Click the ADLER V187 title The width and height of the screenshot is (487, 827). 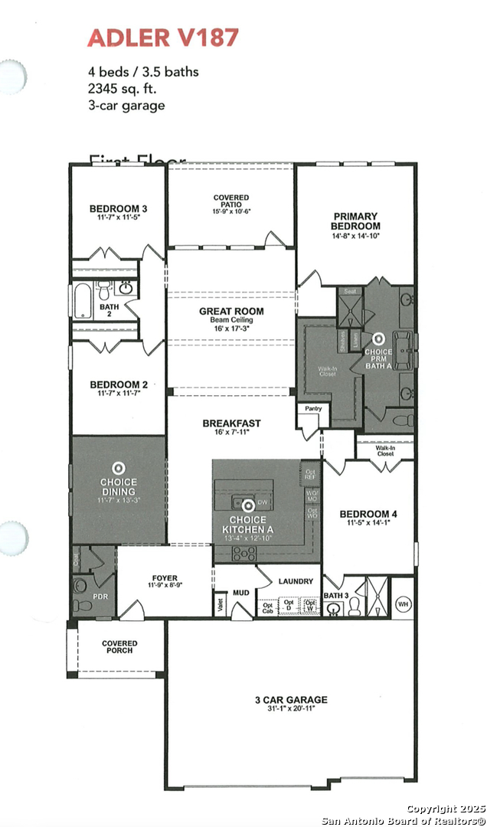click(162, 37)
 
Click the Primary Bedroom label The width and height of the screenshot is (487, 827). click(355, 221)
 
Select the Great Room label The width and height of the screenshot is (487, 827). click(231, 311)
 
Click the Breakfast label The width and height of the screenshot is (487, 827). click(231, 423)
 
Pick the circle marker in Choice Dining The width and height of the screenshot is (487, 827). click(118, 467)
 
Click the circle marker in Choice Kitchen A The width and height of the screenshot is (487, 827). click(247, 505)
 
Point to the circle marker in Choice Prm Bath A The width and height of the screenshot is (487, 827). click(378, 337)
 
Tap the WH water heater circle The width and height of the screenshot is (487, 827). click(404, 604)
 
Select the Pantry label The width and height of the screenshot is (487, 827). click(312, 409)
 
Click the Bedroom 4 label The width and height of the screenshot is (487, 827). click(369, 514)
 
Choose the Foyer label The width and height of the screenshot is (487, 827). click(165, 578)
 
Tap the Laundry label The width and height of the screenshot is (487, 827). click(296, 581)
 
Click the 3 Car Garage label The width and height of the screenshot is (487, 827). click(291, 700)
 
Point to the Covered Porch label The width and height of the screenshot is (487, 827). click(119, 647)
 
